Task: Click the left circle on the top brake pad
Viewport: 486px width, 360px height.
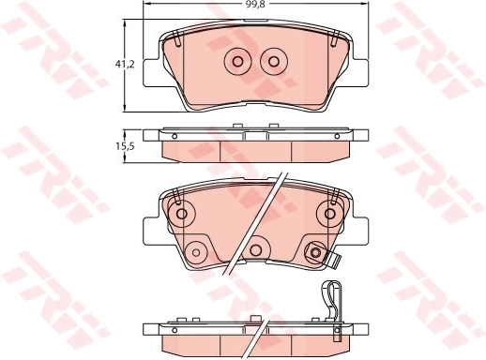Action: click(237, 62)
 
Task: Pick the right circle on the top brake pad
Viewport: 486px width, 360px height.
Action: click(274, 62)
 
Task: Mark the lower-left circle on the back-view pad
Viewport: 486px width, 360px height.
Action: click(197, 250)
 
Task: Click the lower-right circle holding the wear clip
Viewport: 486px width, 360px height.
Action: click(315, 250)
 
